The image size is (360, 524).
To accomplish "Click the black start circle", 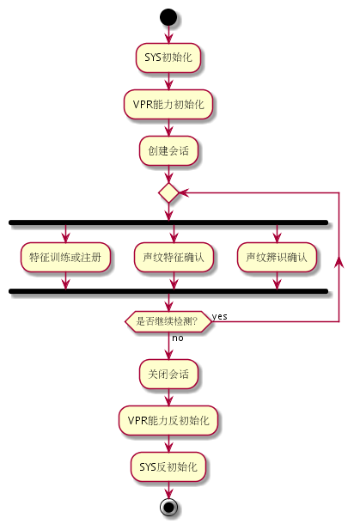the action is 168,17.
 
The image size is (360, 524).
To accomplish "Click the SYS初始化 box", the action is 168,58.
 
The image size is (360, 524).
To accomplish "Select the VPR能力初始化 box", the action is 168,104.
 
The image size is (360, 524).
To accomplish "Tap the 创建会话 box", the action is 168,150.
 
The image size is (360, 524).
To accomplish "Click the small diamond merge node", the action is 168,192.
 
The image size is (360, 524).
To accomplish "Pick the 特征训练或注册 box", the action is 65,257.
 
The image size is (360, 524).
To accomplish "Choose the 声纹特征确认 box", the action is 174,257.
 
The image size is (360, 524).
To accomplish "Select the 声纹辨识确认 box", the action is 277,257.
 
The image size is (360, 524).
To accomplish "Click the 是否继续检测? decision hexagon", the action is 168,321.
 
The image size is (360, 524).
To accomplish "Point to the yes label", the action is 220,316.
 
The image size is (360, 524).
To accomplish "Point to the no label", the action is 178,338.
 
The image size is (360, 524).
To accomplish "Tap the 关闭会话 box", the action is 168,374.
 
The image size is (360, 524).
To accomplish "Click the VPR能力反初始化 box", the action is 168,420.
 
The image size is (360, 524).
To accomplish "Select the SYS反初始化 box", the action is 168,466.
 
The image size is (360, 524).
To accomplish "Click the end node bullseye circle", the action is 168,507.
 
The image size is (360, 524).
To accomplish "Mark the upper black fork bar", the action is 168,222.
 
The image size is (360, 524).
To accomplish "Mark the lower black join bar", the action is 168,291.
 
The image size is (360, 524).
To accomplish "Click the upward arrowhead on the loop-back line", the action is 339,262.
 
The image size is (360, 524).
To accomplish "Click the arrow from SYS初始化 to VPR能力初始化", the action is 168,81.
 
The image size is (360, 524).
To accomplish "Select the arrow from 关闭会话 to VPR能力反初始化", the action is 168,398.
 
